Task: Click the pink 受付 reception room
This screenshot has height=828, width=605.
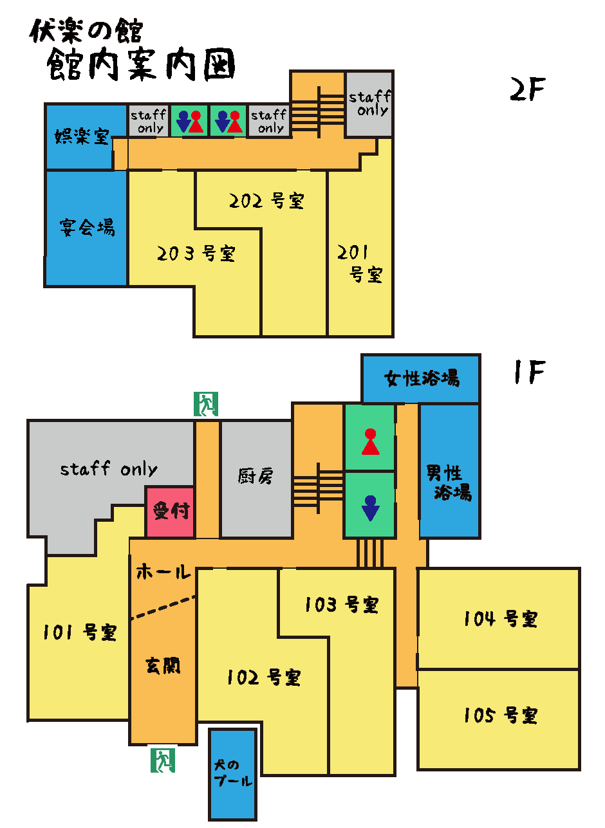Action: tap(171, 512)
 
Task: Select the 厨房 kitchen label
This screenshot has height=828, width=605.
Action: tap(256, 476)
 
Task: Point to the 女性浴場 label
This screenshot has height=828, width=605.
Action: tap(422, 378)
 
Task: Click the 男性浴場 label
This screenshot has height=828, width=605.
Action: tap(449, 483)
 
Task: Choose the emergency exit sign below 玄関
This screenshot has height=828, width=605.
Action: tap(163, 760)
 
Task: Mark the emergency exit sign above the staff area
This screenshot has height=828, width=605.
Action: tap(206, 404)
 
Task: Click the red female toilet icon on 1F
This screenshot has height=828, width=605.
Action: tap(370, 441)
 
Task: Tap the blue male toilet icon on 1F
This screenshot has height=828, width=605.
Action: tap(370, 508)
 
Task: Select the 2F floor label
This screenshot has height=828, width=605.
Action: tap(527, 89)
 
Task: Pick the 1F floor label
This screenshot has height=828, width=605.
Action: tap(530, 372)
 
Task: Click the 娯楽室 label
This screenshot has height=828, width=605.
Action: tap(82, 136)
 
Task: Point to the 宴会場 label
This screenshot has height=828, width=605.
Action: tap(88, 227)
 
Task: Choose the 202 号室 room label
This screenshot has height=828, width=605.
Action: tap(266, 201)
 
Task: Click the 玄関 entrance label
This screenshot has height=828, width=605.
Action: tap(163, 665)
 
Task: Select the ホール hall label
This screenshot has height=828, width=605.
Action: tap(163, 571)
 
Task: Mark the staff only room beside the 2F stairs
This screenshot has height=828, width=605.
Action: tap(369, 104)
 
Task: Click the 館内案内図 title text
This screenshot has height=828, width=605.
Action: tap(141, 65)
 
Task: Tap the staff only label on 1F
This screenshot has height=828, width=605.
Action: tap(109, 469)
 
